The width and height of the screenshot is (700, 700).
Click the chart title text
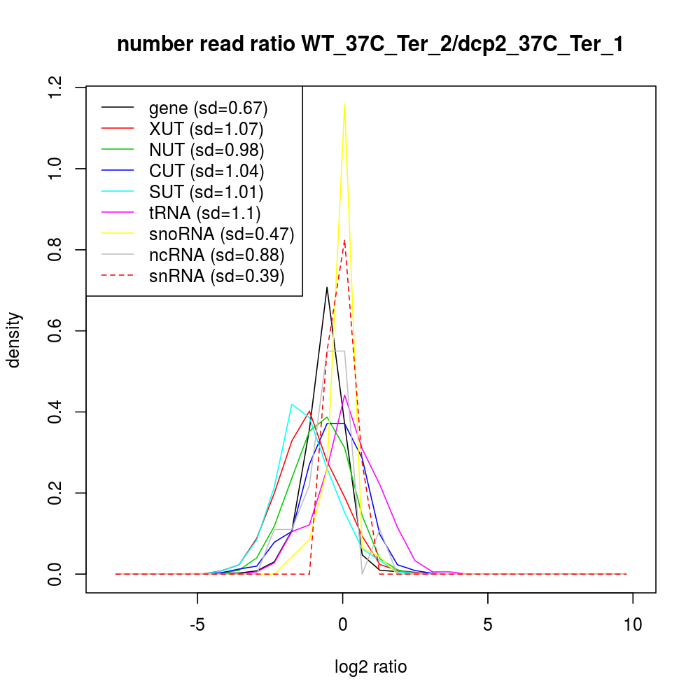coord(370,45)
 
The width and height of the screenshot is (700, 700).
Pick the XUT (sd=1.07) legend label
coord(206,129)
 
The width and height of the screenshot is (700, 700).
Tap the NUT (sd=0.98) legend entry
coord(206,150)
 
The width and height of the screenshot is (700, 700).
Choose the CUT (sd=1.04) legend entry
coord(206,171)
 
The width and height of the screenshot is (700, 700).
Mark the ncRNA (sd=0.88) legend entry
coord(216,255)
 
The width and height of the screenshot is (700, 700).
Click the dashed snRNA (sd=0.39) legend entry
coord(216,276)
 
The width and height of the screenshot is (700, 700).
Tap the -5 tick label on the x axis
coord(197,625)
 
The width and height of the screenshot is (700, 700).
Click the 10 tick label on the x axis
coord(633,625)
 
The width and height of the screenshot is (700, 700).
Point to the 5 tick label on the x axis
coord(488,625)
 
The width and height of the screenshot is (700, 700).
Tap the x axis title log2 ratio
coord(370,667)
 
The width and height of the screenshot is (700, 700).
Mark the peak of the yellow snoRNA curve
coord(344,104)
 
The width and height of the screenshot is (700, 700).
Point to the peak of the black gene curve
coord(327,287)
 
